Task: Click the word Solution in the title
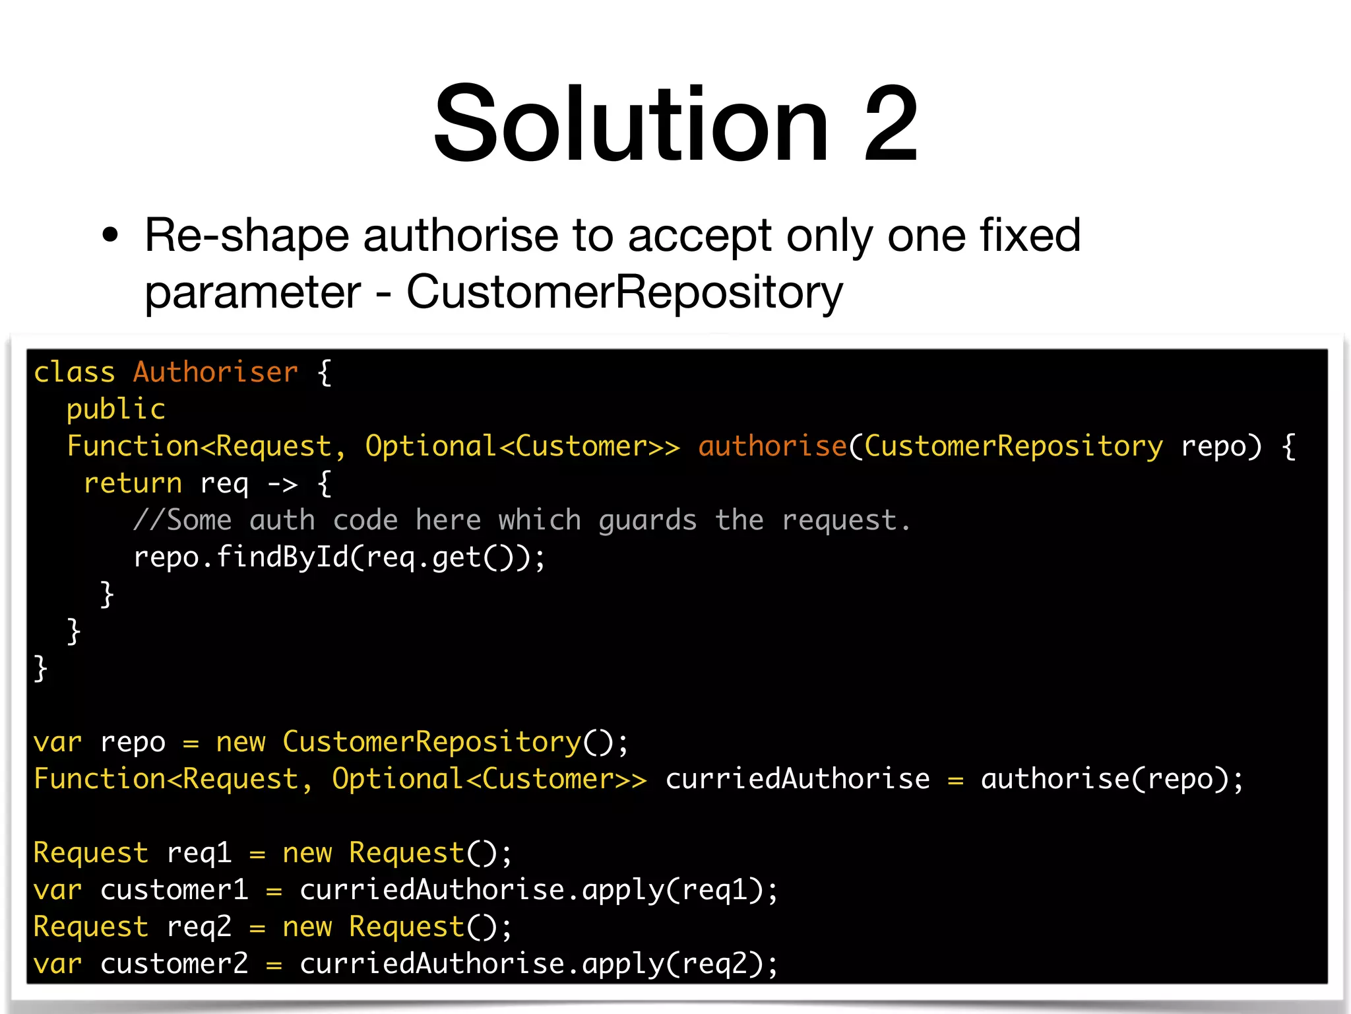point(631,123)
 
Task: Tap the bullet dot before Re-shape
point(110,235)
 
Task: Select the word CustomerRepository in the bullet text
point(624,291)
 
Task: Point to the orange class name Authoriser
point(215,372)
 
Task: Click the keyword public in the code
point(116,409)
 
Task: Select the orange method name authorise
point(772,446)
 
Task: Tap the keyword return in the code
point(133,483)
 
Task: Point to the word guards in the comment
point(647,521)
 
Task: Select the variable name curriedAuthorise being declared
point(797,779)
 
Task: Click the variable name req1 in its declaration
point(199,853)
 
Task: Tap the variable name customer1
point(174,890)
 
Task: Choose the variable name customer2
point(174,964)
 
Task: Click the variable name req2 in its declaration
point(199,927)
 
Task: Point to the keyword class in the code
point(74,372)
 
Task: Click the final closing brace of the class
point(41,668)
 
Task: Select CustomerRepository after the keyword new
point(431,742)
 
